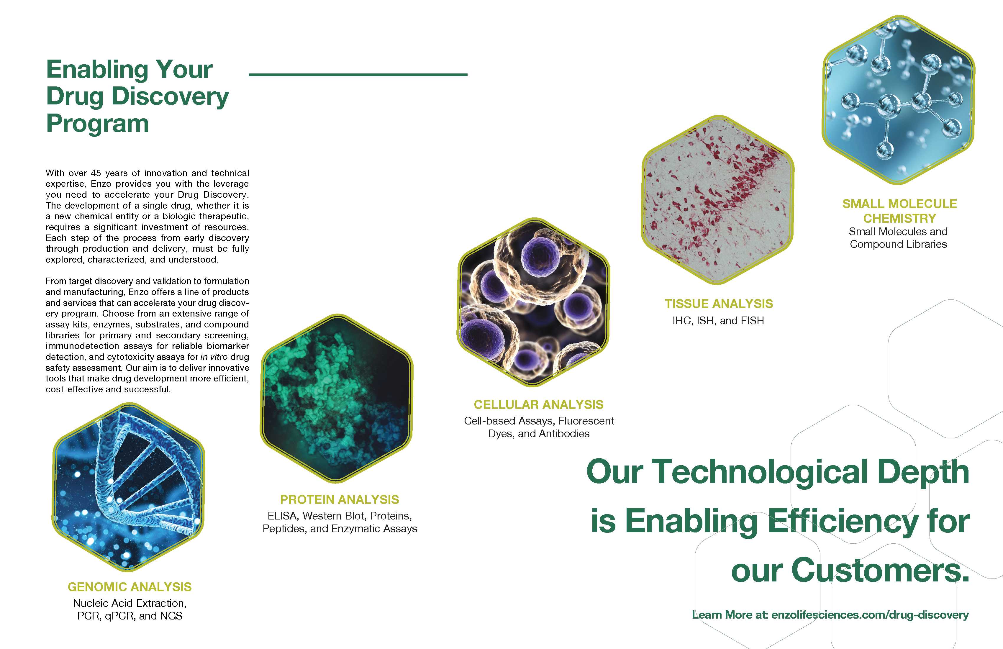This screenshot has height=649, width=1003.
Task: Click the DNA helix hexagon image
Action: [128, 487]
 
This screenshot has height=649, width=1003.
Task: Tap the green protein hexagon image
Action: [336, 399]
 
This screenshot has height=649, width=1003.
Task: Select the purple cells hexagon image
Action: [534, 302]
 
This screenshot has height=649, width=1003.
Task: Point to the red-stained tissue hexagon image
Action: [718, 200]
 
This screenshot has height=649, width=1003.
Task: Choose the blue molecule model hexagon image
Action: [899, 100]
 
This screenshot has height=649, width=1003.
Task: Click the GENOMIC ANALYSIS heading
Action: [130, 587]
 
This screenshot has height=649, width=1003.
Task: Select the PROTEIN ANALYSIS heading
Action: [340, 500]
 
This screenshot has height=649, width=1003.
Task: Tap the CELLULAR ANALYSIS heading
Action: [539, 404]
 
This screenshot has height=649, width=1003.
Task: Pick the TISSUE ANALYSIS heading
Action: [719, 304]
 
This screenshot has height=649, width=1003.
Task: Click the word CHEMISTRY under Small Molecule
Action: [900, 218]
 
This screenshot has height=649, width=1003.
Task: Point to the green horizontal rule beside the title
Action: [358, 75]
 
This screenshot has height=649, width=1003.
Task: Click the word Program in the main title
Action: [97, 124]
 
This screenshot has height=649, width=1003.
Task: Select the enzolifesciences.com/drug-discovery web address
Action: [870, 615]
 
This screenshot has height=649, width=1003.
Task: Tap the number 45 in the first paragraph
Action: [96, 173]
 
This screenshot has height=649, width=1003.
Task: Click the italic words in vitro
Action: [214, 357]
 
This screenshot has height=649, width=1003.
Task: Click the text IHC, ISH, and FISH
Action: [718, 321]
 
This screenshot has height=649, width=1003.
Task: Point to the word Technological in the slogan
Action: [760, 472]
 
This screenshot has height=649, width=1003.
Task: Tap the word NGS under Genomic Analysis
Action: [171, 616]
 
